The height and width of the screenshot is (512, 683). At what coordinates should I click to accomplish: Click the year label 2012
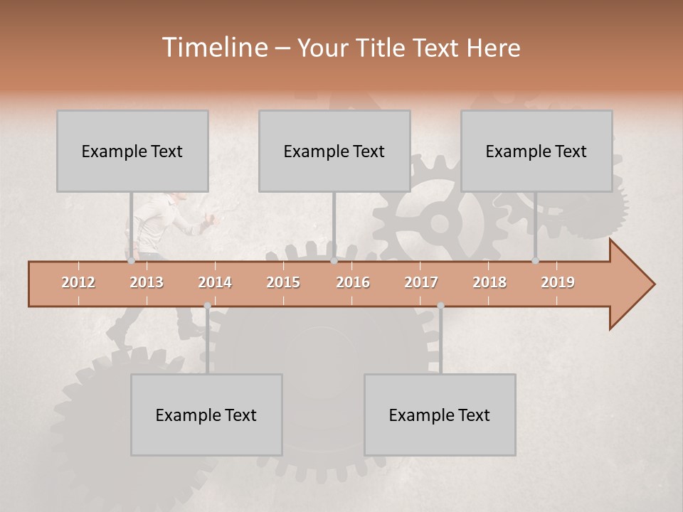click(78, 282)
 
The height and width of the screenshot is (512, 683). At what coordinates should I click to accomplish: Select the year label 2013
click(147, 282)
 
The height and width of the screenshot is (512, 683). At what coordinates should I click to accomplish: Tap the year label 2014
click(215, 282)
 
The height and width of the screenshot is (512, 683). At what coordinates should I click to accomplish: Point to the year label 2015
click(283, 282)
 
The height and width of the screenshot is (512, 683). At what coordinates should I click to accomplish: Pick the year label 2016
click(353, 282)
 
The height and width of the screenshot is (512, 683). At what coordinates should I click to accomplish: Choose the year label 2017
click(421, 282)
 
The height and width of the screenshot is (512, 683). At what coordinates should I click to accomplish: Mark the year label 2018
click(489, 282)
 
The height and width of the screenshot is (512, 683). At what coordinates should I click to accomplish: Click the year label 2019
click(558, 282)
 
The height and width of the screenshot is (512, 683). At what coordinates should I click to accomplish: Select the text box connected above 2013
click(132, 151)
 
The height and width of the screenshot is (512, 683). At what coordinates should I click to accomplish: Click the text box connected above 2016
click(334, 151)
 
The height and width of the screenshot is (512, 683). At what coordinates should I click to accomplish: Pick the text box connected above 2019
click(536, 151)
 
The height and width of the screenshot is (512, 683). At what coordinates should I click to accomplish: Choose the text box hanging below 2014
click(206, 415)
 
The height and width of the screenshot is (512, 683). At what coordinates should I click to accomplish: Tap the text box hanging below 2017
click(440, 415)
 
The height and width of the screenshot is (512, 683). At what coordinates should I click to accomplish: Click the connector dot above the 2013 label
click(132, 261)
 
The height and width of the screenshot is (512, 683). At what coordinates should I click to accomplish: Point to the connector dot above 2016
click(334, 261)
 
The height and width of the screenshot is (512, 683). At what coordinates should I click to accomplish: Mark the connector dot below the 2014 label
click(207, 306)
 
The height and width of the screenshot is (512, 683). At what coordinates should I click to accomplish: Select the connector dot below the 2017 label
click(440, 306)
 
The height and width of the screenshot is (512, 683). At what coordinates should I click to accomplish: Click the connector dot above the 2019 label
click(536, 261)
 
